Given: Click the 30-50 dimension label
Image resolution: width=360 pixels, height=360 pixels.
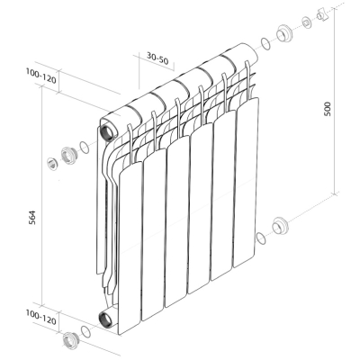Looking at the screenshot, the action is pyautogui.click(x=157, y=58).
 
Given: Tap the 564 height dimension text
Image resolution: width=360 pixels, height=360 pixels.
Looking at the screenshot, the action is pyautogui.click(x=32, y=218).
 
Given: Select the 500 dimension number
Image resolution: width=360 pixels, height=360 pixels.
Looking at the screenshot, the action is pyautogui.click(x=328, y=109).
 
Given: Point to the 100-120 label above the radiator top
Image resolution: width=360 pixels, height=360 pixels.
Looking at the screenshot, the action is pyautogui.click(x=40, y=76).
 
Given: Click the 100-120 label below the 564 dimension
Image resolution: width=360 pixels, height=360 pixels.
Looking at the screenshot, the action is pyautogui.click(x=40, y=318).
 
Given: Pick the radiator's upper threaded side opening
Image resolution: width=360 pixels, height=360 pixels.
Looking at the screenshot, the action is pyautogui.click(x=107, y=131).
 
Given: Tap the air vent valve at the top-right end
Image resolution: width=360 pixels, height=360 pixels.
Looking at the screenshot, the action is pyautogui.click(x=322, y=14).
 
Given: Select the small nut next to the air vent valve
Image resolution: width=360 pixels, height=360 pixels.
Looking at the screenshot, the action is pyautogui.click(x=307, y=23).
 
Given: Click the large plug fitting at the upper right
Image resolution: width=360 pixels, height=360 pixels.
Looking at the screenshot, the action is pyautogui.click(x=283, y=33).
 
